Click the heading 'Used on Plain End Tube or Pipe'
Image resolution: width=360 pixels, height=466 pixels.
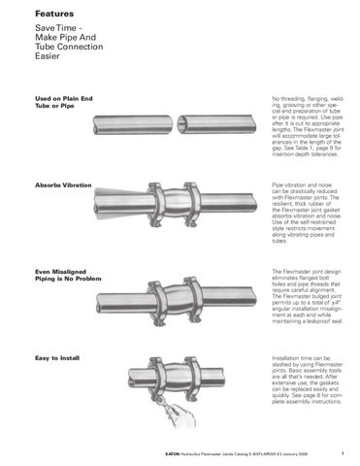coord(49,105)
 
